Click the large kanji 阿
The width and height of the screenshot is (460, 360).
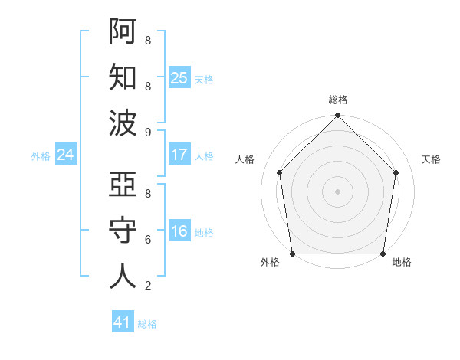(x=123, y=31)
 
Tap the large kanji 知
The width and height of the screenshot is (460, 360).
(x=123, y=77)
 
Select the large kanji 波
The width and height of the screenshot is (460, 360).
(x=123, y=123)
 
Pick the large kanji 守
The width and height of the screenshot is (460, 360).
(x=123, y=231)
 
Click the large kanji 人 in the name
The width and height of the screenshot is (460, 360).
(x=123, y=277)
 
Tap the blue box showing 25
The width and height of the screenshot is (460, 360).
(x=179, y=78)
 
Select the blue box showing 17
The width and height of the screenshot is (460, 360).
(x=179, y=155)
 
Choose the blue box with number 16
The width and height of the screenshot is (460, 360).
(x=179, y=231)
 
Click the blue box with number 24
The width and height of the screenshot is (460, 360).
(x=66, y=155)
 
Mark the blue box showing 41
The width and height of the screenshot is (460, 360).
(x=123, y=322)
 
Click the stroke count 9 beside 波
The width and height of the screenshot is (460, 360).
(x=147, y=132)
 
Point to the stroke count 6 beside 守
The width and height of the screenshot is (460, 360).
(x=147, y=239)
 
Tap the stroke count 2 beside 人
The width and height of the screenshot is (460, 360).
(x=147, y=286)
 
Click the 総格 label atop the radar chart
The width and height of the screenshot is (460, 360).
(x=337, y=100)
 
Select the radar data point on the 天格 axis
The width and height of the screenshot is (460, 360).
(x=396, y=172)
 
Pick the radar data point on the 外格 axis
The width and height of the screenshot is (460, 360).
(x=292, y=254)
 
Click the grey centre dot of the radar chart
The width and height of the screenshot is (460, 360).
(x=337, y=191)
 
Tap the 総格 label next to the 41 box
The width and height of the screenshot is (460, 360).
(x=147, y=324)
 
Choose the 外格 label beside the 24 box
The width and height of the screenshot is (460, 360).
(x=41, y=156)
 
